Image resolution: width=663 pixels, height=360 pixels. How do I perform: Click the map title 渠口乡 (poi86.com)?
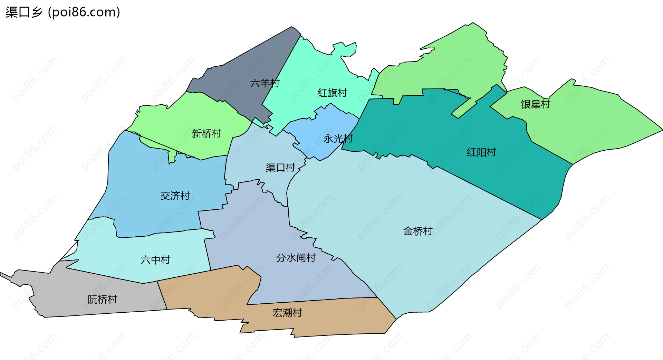(63, 12)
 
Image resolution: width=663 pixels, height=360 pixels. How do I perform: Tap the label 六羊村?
(265, 83)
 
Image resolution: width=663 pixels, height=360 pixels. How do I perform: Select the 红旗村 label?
(332, 93)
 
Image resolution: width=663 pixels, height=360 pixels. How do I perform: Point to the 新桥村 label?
(206, 134)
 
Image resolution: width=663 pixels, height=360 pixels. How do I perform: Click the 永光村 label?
(338, 139)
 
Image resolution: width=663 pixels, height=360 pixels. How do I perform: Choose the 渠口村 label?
(280, 168)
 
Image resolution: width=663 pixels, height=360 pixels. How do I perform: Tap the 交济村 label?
(175, 196)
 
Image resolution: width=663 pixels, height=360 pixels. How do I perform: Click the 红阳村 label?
(481, 152)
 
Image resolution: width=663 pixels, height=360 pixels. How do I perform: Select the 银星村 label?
(535, 104)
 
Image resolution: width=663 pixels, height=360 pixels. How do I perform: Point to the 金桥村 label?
(418, 231)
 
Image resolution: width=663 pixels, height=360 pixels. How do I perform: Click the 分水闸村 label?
(296, 258)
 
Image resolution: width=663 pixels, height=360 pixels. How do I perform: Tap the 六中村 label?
(155, 260)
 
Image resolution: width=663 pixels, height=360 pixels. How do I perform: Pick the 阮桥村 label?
(102, 300)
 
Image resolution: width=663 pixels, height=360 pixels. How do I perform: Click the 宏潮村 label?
(287, 313)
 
